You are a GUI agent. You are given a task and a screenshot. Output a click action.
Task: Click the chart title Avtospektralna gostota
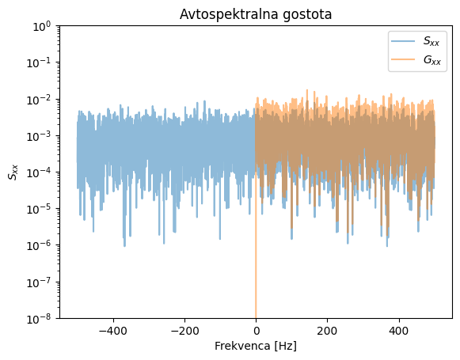256,14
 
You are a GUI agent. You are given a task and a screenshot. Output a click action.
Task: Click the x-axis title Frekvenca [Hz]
256,346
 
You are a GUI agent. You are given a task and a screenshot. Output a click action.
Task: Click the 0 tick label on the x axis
256,331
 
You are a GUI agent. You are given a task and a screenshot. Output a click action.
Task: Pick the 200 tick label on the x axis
327,331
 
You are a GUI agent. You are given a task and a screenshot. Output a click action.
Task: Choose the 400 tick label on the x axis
398,331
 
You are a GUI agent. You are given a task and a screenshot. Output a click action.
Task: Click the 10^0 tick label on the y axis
41,26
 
